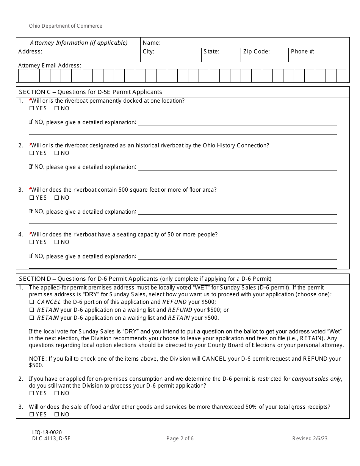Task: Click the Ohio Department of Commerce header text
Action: click(x=66, y=26)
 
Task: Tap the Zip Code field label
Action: click(x=257, y=52)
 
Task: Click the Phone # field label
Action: click(x=302, y=52)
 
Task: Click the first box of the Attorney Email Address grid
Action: click(x=23, y=76)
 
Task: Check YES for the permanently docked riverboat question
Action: click(x=32, y=108)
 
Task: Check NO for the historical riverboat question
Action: click(x=57, y=153)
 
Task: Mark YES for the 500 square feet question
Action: click(x=32, y=198)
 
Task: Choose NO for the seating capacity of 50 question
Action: click(x=57, y=242)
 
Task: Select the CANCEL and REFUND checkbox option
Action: click(x=32, y=302)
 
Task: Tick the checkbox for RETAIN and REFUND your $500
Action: click(x=32, y=310)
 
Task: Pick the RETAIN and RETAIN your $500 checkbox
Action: click(x=32, y=318)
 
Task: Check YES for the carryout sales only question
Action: click(x=32, y=393)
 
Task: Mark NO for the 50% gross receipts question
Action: click(x=57, y=414)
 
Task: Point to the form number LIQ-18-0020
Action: click(x=47, y=432)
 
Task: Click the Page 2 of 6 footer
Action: click(x=180, y=439)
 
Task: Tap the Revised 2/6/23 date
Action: click(x=310, y=439)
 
